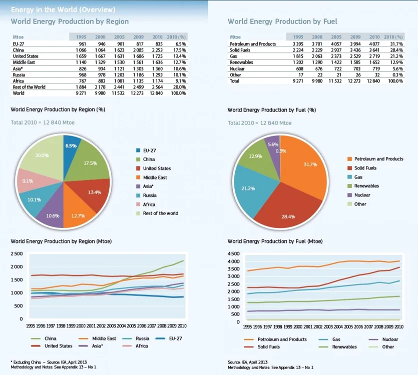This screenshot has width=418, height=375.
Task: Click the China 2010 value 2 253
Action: point(157,50)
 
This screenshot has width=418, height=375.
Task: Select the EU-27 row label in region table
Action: point(19,44)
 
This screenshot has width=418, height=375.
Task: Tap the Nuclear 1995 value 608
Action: point(299,68)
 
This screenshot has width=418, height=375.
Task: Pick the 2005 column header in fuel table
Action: point(336,37)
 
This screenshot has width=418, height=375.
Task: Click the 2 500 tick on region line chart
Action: point(17,253)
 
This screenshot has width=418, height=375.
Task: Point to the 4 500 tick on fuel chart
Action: point(234,253)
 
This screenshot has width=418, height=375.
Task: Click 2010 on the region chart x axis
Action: point(182,325)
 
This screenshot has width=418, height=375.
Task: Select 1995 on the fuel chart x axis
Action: point(247,326)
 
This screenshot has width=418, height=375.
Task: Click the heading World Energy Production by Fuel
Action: point(282,21)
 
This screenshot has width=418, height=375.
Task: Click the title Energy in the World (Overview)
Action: point(63,9)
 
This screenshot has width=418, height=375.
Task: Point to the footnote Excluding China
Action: point(26,362)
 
